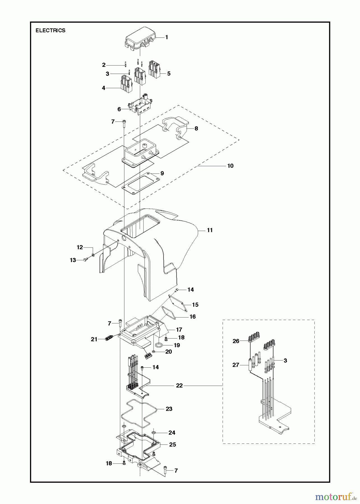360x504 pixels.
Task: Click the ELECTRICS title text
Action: (x=50, y=31)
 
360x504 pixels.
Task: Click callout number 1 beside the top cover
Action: (x=166, y=37)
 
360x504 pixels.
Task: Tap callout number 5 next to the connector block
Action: (x=169, y=74)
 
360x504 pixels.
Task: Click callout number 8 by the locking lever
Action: (x=196, y=128)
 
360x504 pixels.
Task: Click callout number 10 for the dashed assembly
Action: (x=230, y=166)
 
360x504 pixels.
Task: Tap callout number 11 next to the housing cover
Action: (x=210, y=230)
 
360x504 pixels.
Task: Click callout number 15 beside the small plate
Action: (x=195, y=304)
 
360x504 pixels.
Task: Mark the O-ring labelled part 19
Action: (x=159, y=344)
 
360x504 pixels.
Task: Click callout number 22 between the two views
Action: (x=179, y=386)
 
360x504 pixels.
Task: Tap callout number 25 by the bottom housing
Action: (x=173, y=444)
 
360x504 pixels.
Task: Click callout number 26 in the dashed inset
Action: (x=236, y=341)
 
